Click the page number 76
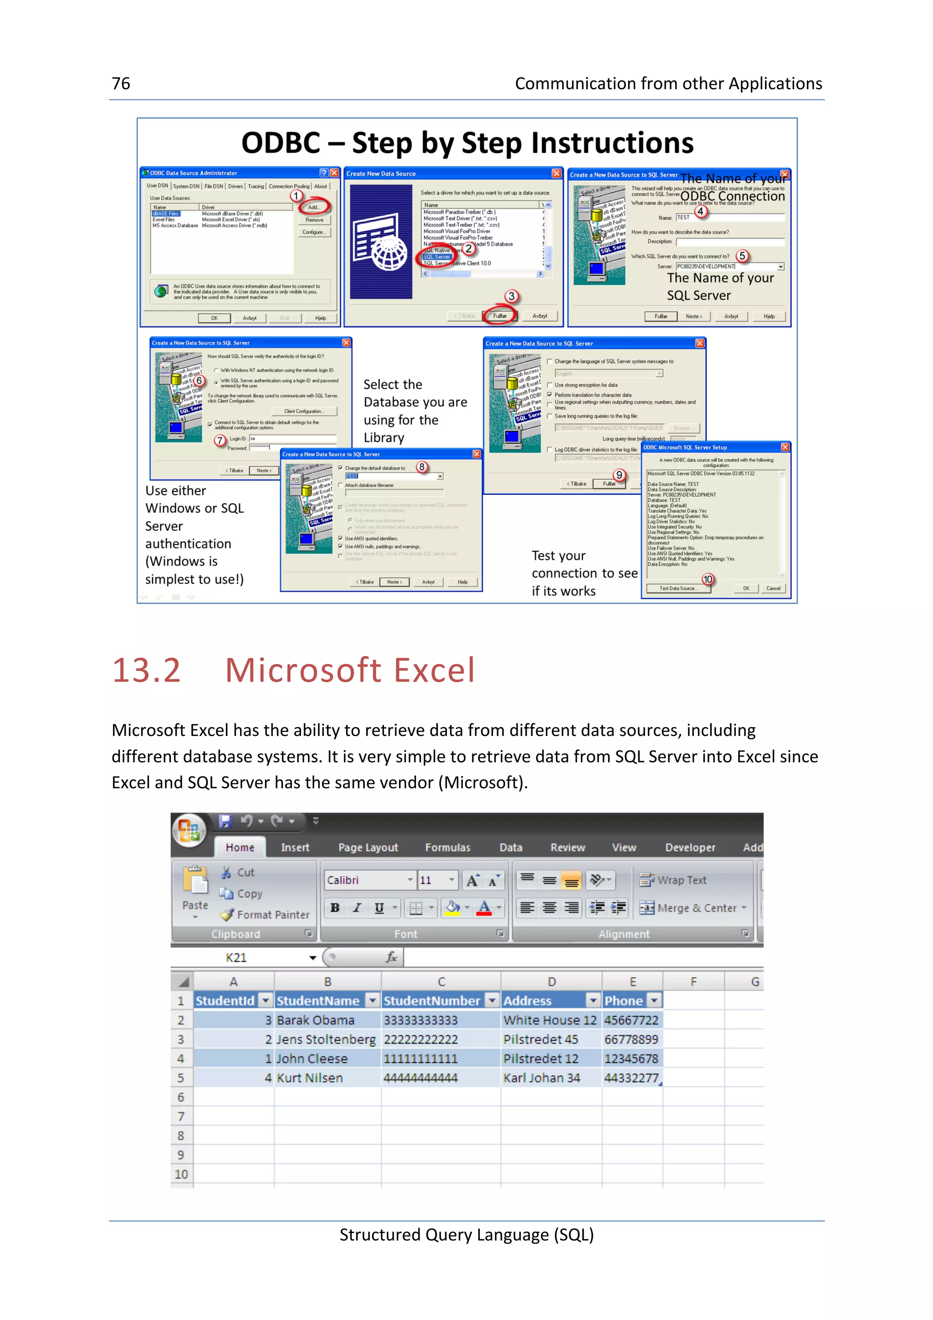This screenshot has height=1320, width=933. [121, 84]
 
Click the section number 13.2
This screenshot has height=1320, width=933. [147, 670]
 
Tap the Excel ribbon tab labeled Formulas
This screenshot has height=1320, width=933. [447, 847]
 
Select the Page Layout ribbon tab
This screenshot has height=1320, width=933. [368, 847]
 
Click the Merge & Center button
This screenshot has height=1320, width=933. [693, 908]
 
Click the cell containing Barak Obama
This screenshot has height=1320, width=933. [316, 1020]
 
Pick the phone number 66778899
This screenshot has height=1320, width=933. [631, 1039]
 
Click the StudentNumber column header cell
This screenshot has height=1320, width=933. [432, 1001]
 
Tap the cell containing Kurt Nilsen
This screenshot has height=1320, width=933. [310, 1079]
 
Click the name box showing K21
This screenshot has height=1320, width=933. [236, 958]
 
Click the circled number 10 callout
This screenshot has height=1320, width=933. [707, 579]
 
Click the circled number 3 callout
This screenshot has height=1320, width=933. [511, 297]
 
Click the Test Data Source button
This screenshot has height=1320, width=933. [678, 588]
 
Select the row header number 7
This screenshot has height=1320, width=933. [181, 1116]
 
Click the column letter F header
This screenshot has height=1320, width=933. [693, 982]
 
